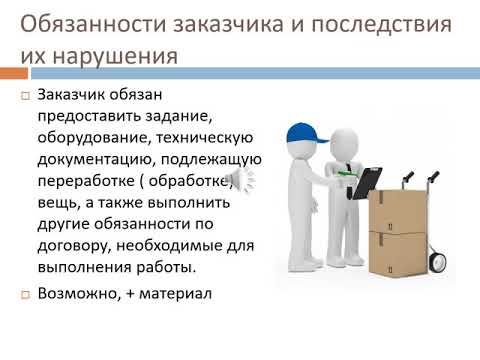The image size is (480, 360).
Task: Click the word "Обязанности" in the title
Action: [86, 21]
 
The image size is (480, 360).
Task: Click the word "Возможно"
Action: [75, 294]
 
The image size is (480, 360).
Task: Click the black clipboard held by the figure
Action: [366, 181]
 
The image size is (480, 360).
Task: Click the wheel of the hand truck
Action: [437, 262]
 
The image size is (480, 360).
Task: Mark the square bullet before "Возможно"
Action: [26, 295]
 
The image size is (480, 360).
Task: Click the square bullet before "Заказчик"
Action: [26, 98]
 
